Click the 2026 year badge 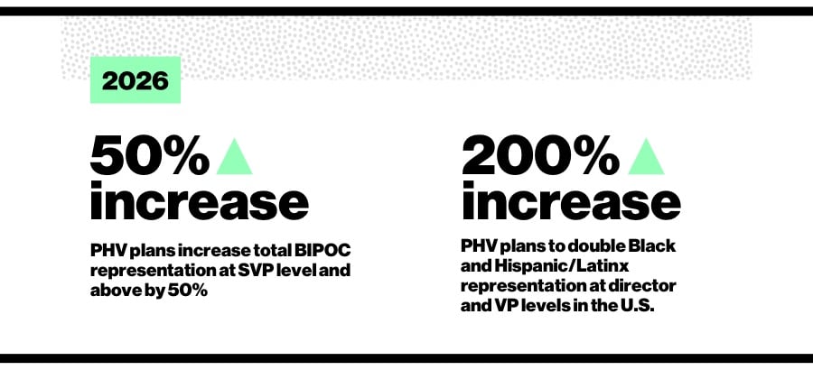(135, 79)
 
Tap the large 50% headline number (150, 157)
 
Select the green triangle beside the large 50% (234, 156)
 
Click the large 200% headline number (540, 157)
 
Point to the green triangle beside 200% (646, 156)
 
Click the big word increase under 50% (199, 200)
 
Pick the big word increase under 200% (570, 200)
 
